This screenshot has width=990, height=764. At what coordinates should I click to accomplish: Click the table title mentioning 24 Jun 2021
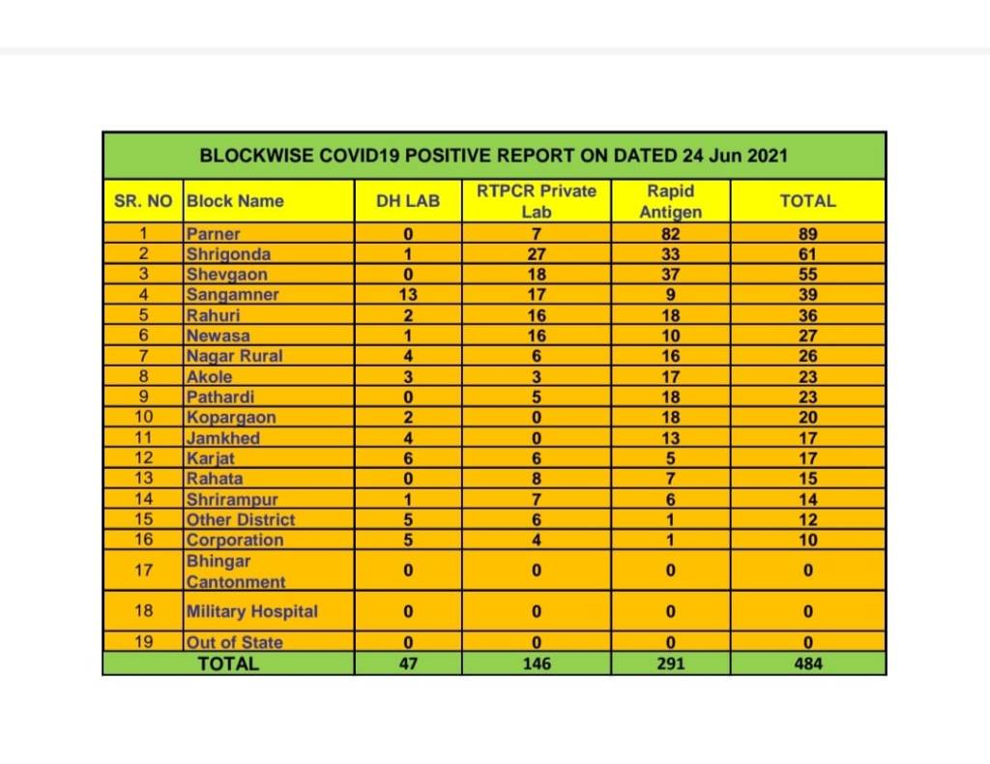point(494,155)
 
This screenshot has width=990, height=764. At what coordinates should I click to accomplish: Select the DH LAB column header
point(407,201)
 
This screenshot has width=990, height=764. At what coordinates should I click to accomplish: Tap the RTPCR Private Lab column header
point(536,201)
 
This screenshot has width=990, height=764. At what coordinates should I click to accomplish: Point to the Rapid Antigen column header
point(671,201)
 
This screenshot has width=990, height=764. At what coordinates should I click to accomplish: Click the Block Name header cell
point(235,201)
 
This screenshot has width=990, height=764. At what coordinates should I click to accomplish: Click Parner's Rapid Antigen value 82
point(671,233)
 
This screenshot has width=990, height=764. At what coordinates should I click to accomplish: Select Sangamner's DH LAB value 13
point(407,295)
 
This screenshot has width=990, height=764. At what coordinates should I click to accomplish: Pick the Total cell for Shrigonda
point(807,254)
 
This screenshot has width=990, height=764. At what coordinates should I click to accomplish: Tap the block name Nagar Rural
point(234,356)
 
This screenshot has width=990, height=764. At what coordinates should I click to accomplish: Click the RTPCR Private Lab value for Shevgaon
point(536,275)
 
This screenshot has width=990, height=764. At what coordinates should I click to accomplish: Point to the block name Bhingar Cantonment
point(235,572)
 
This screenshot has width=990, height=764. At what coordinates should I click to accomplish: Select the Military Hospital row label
point(251,611)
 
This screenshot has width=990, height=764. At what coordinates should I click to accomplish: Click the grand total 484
point(807,664)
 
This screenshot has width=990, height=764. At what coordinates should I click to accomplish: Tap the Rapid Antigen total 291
point(671,664)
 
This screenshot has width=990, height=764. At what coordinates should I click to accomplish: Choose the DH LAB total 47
point(407,664)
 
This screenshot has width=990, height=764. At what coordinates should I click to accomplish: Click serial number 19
point(143,641)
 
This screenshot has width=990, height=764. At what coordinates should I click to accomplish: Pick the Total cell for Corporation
point(807,540)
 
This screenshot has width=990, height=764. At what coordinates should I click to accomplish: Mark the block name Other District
point(240,519)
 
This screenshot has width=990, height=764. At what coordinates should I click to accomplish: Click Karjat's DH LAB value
point(407,458)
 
